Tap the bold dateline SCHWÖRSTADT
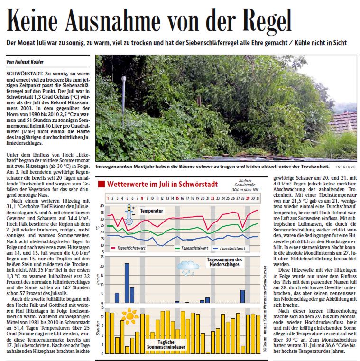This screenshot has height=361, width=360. click(24, 75)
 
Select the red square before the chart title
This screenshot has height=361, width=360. click(101, 184)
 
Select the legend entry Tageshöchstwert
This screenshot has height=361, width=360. click(131, 248)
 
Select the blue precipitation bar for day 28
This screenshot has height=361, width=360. click(242, 296)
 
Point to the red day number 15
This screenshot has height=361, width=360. click(177, 198)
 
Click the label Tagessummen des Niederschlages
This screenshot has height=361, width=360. click(225, 262)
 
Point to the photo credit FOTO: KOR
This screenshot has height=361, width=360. click(346, 167)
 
